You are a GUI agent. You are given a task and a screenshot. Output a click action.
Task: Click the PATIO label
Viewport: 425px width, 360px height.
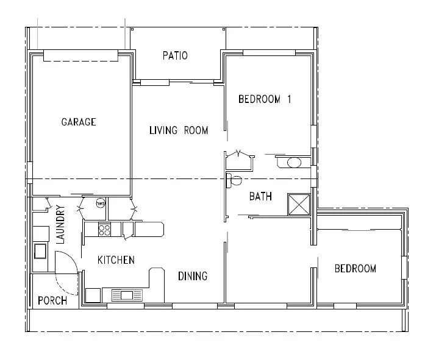pyautogui.click(x=175, y=56)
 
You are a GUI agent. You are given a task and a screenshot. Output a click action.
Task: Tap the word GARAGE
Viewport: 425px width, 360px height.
pyautogui.click(x=79, y=122)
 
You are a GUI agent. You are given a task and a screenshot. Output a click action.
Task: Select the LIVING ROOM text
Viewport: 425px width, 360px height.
pyautogui.click(x=179, y=130)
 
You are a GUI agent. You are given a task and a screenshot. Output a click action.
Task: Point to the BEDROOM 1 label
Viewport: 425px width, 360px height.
pyautogui.click(x=265, y=99)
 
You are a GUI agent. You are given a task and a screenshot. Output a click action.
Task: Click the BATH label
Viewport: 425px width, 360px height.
pyautogui.click(x=260, y=197)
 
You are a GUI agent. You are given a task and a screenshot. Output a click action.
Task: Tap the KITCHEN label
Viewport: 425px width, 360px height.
pyautogui.click(x=116, y=260)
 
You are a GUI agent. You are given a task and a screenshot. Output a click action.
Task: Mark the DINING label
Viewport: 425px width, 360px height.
pyautogui.click(x=193, y=276)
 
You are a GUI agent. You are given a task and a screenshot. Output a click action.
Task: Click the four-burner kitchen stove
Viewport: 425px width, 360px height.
pyautogui.click(x=104, y=230)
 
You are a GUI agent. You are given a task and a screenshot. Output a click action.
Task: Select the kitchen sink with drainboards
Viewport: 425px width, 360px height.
pyautogui.click(x=127, y=295)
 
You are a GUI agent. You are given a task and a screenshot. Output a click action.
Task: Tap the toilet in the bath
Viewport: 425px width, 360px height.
pyautogui.click(x=232, y=180)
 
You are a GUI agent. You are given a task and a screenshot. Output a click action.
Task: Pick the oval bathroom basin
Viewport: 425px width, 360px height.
pyautogui.click(x=294, y=162)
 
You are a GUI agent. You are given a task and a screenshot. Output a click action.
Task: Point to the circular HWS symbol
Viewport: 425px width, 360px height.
pyautogui.click(x=101, y=203)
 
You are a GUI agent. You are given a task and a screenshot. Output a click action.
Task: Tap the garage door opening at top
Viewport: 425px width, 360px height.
pyautogui.click(x=80, y=55)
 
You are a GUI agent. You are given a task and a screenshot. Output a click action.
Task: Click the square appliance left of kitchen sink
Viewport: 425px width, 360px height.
pyautogui.click(x=93, y=295)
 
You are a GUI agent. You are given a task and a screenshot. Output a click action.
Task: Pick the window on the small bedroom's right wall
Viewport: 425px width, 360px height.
pyautogui.click(x=404, y=268)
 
